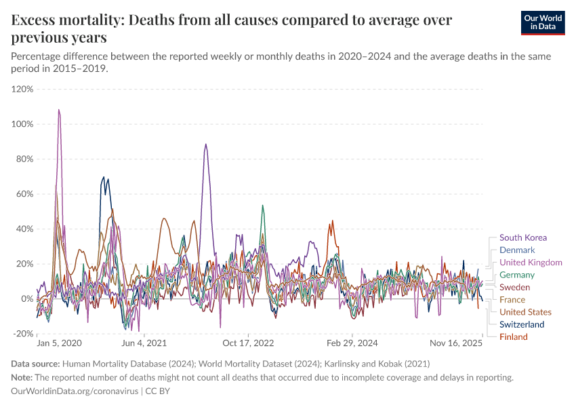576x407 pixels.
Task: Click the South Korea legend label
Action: pos(522,237)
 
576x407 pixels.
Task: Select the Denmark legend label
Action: pos(517,250)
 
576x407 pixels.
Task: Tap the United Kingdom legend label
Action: pos(531,262)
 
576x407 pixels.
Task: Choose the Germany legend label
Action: pos(517,275)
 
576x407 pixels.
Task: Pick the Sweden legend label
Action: pos(514,287)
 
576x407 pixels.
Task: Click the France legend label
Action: pos(512,299)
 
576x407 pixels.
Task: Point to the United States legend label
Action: pos(525,312)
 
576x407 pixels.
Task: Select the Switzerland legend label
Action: pos(522,324)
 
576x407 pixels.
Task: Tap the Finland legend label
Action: pos(514,336)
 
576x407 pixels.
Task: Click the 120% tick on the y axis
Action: pos(22,89)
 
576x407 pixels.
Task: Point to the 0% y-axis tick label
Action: pos(26,298)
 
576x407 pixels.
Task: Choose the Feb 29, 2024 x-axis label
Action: pos(351,344)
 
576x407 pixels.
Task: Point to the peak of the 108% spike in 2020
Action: pos(59,110)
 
